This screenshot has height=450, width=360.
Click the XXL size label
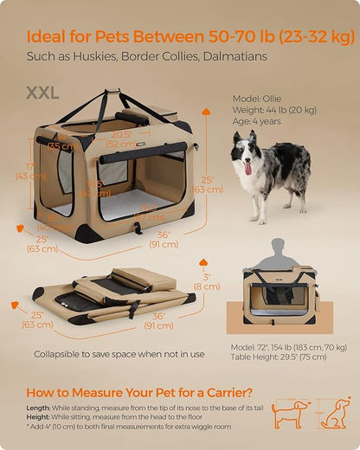42,92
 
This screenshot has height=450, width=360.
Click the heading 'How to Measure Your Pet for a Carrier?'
140,392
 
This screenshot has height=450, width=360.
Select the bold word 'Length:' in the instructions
40,408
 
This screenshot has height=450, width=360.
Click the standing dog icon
288,415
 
